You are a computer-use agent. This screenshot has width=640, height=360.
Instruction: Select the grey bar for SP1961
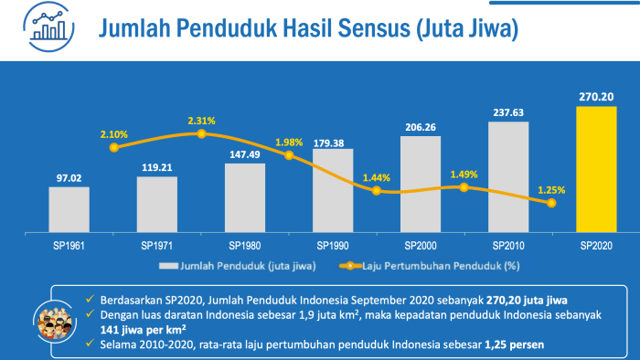click(69, 208)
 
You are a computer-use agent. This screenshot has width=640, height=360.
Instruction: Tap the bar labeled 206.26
click(420, 183)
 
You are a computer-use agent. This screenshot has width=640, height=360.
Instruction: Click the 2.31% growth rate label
click(202, 121)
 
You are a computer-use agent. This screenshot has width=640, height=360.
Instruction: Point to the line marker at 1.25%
click(551, 203)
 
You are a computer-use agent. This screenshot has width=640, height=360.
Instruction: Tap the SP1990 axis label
click(333, 246)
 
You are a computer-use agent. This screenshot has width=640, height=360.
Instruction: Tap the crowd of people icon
click(52, 321)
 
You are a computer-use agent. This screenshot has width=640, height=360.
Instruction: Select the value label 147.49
click(244, 154)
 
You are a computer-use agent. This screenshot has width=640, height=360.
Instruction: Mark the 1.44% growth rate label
click(376, 177)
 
